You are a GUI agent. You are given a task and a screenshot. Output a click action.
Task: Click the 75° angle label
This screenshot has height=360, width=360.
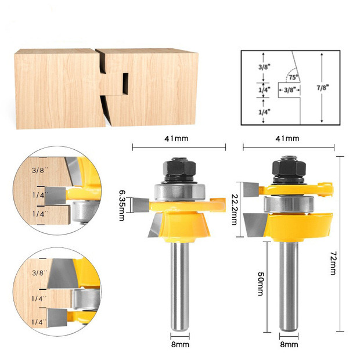293,77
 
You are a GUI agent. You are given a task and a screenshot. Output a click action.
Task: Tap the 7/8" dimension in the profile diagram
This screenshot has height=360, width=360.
323,88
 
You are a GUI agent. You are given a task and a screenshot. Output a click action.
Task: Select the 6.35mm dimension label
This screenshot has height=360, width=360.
122,205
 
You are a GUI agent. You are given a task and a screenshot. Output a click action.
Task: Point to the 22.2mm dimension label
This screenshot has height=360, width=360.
235,210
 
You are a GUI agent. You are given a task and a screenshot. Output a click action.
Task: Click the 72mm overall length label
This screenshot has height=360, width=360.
333,263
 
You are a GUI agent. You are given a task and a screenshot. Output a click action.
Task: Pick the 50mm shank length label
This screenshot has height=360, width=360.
261,284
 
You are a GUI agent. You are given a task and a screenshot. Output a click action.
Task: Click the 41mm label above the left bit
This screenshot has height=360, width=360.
177,138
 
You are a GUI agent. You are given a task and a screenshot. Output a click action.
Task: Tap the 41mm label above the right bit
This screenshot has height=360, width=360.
287,138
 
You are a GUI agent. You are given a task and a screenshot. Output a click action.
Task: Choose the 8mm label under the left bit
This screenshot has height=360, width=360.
180,344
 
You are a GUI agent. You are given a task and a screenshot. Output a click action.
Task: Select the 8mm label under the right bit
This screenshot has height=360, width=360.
289,344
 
